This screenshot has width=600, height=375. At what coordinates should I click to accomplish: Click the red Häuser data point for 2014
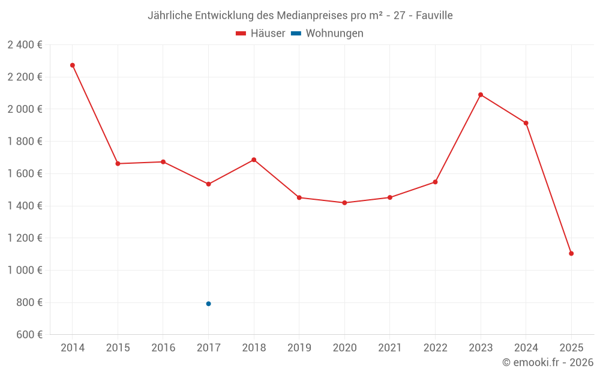click(73, 65)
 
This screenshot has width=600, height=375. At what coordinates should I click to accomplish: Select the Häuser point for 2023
click(481, 95)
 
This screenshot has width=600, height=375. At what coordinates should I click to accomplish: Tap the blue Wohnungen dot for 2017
click(208, 304)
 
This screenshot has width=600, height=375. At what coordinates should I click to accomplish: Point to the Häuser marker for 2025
click(571, 253)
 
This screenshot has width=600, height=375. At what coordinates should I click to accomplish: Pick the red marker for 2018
click(254, 160)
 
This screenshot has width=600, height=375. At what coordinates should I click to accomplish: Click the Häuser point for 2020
click(344, 203)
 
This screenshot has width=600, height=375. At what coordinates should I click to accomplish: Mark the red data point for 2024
click(526, 123)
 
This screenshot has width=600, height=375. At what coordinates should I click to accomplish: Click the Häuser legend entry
click(260, 34)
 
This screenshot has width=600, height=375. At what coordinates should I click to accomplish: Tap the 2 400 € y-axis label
click(25, 44)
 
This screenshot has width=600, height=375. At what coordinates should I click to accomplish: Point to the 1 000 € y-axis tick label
click(25, 270)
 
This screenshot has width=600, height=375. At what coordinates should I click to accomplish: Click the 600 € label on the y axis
click(28, 334)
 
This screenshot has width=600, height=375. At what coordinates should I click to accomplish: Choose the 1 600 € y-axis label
click(25, 173)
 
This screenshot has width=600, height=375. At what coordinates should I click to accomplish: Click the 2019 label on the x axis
click(299, 348)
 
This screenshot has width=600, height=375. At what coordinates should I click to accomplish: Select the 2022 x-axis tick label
click(435, 348)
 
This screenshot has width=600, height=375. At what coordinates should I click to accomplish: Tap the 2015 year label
click(118, 348)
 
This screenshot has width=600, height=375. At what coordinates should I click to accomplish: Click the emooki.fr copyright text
click(547, 362)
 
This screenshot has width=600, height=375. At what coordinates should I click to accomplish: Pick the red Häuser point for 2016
click(163, 162)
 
